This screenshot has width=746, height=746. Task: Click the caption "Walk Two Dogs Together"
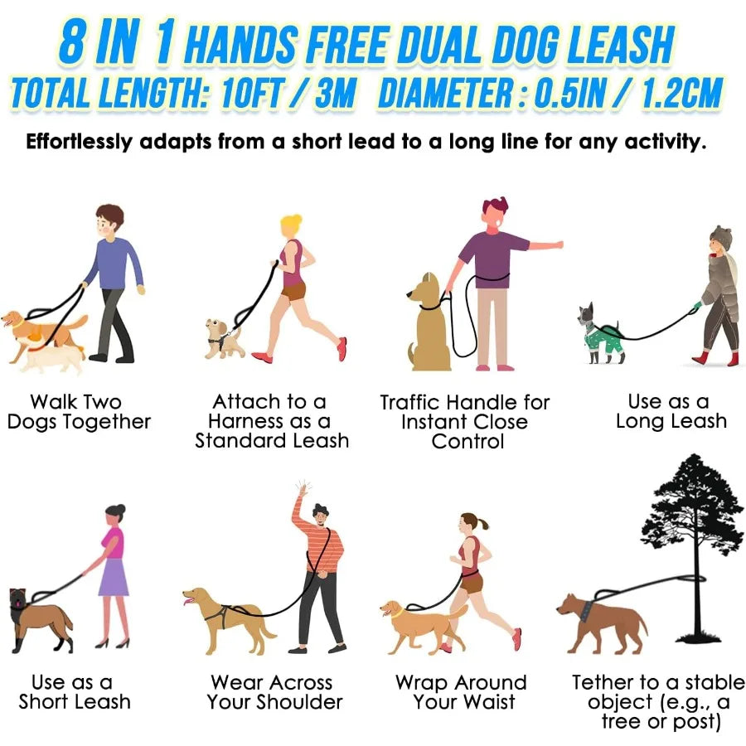(79, 412)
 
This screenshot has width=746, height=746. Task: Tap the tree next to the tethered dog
(692, 530)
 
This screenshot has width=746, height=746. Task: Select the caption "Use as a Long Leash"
(670, 411)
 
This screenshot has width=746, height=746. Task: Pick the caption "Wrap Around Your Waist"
(461, 692)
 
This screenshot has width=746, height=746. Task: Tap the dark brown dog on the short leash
(37, 618)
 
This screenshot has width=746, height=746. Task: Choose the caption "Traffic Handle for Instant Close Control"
(464, 421)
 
